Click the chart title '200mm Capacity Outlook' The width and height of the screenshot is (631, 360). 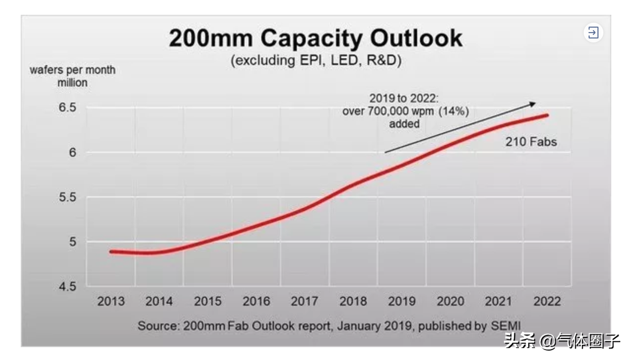315,38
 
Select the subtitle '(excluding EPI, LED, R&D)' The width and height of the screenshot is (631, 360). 315,61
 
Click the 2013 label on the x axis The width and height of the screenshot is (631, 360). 111,301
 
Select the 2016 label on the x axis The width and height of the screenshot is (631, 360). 256,301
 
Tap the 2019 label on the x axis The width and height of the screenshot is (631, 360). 401,301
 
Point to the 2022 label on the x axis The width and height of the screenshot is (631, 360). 547,301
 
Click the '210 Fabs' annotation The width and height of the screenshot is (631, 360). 531,142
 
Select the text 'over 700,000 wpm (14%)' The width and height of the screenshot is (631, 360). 405,111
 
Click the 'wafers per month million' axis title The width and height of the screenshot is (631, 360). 72,76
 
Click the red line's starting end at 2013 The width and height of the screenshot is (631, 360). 111,252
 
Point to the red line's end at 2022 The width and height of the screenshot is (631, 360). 547,115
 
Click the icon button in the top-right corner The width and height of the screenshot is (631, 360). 594,33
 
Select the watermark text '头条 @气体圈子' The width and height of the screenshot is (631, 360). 562,341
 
